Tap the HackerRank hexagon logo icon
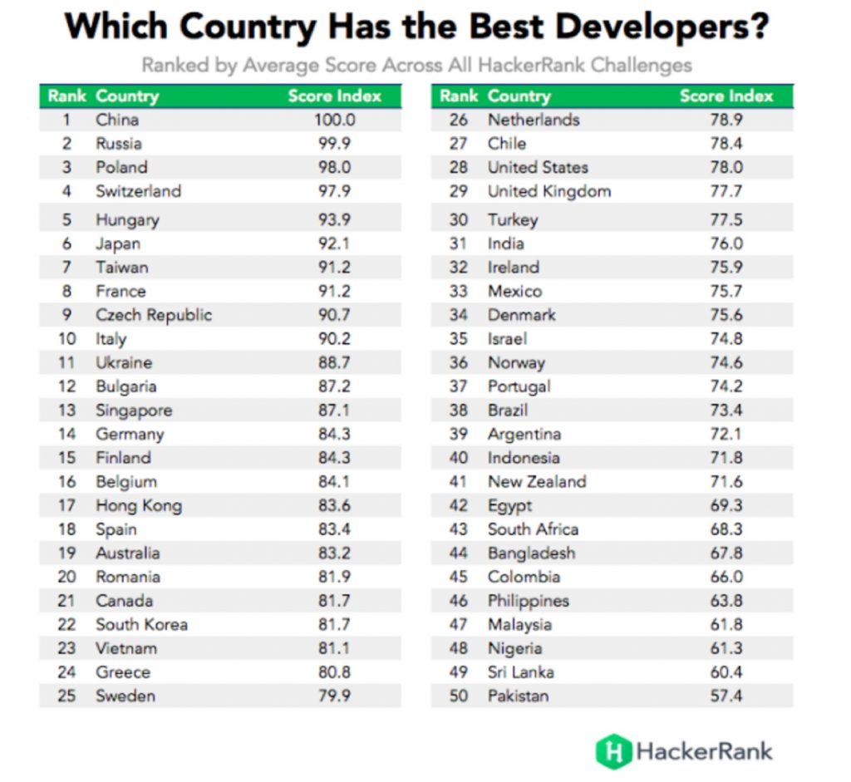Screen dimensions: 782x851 pyautogui.click(x=613, y=751)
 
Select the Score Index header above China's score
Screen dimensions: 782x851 pyautogui.click(x=334, y=96)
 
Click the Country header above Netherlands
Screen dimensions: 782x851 pyautogui.click(x=519, y=96)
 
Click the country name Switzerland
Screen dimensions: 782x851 pyautogui.click(x=138, y=191)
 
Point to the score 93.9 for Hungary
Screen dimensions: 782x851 pyautogui.click(x=334, y=220)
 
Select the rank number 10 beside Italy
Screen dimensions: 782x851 pyautogui.click(x=66, y=339)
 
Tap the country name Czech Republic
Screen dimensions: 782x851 pyautogui.click(x=154, y=315)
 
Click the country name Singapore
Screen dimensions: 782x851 pyautogui.click(x=134, y=411)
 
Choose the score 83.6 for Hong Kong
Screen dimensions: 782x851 pyautogui.click(x=334, y=505)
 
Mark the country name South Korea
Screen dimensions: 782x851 pyautogui.click(x=141, y=625)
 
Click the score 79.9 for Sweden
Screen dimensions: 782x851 pyautogui.click(x=334, y=696)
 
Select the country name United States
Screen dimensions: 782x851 pyautogui.click(x=538, y=167)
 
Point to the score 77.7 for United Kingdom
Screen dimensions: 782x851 pyautogui.click(x=726, y=191)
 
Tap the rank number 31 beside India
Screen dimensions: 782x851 pyautogui.click(x=459, y=243)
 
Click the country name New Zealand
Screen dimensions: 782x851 pyautogui.click(x=537, y=482)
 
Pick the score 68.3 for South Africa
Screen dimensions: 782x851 pyautogui.click(x=726, y=529)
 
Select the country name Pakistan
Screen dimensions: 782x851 pyautogui.click(x=518, y=696)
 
